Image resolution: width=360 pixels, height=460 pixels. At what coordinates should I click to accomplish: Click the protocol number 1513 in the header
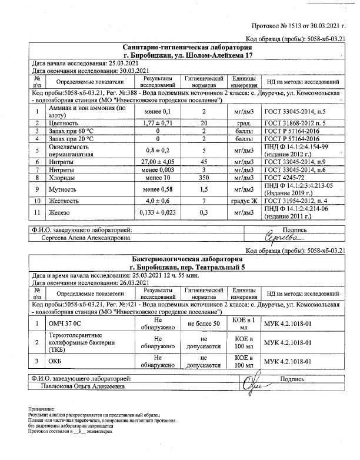pos(292,26)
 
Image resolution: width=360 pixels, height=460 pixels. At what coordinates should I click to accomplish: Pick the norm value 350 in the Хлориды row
pos(204,177)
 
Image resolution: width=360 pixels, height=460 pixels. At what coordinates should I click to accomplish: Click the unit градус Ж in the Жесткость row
pos(241,201)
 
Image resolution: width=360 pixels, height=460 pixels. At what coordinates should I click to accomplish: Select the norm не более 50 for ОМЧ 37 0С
pos(204,324)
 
